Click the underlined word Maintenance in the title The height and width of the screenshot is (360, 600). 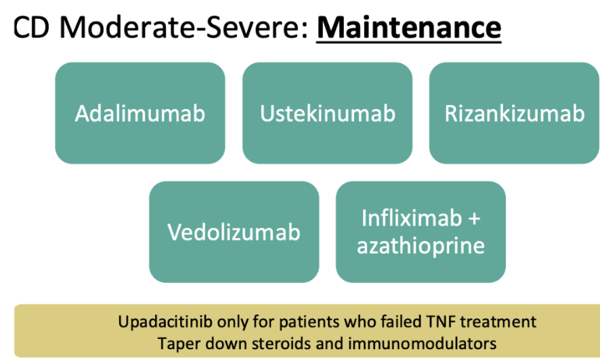click(408, 28)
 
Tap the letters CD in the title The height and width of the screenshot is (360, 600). click(31, 28)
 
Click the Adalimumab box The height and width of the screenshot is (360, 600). click(140, 113)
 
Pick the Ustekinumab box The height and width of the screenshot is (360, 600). click(328, 113)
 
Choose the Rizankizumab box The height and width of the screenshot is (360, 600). click(514, 113)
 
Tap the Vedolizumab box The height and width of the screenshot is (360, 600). click(234, 232)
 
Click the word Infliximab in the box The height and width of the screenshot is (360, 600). click(412, 218)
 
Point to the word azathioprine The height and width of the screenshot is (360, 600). click(421, 246)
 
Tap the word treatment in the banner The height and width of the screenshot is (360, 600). click(498, 322)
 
